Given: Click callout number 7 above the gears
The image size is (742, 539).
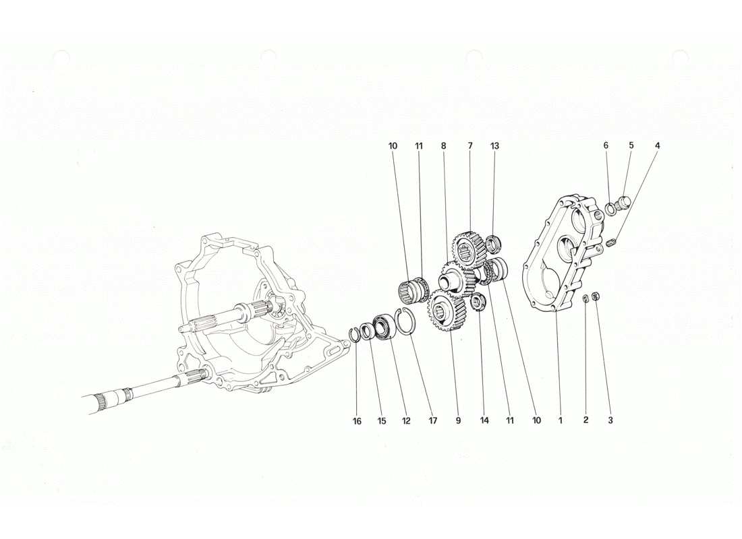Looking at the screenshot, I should point(469,146).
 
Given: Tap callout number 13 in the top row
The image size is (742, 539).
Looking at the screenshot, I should point(494,146).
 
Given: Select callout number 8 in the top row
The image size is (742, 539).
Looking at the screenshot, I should point(444,146).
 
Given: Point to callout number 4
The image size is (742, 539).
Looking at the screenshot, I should point(658,146).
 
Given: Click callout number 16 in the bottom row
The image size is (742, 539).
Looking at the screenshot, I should point(357,421).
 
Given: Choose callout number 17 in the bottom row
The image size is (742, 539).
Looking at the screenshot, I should point(432,421).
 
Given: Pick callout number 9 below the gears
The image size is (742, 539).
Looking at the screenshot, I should point(458,421).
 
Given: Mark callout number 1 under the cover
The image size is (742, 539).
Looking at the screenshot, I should point(560,421).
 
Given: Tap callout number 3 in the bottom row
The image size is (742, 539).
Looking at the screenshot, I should point(610,421).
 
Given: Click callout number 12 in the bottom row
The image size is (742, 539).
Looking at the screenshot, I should point(406,421).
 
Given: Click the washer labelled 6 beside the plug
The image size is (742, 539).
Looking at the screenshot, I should point(612,208).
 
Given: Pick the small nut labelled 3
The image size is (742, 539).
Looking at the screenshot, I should point(596,297).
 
